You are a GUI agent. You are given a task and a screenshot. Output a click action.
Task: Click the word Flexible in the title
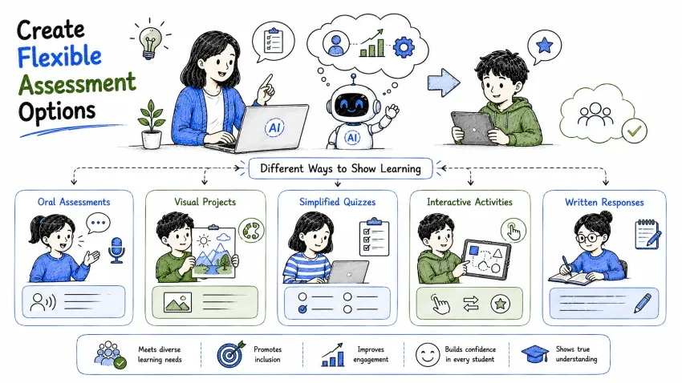click(59, 56)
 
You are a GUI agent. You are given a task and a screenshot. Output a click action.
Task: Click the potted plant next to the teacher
click(152, 124)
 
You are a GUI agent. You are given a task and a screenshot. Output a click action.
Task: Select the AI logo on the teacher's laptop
click(274, 127)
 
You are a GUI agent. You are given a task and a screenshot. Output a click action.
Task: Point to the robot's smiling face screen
click(352, 105)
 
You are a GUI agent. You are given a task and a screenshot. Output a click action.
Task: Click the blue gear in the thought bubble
click(404, 47)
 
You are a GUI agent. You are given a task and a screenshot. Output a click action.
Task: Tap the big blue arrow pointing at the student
click(444, 83)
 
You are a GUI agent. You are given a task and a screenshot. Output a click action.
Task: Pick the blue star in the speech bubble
click(545, 45)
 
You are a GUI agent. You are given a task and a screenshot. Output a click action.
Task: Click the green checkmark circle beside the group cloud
click(634, 130)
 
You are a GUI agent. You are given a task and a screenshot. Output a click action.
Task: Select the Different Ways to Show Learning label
click(340, 168)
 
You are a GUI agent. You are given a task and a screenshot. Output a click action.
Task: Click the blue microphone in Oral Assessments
click(116, 250)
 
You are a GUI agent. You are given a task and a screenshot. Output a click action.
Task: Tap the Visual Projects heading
click(205, 202)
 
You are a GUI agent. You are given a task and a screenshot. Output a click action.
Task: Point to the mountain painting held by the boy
click(213, 252)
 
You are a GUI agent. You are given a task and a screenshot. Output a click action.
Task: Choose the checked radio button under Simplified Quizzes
click(302, 309)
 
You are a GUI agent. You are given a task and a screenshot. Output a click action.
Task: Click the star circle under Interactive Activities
click(500, 304)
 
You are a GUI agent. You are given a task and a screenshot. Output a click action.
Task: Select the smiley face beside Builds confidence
click(428, 354)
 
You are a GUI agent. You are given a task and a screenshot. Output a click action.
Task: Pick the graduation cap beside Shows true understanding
click(535, 354)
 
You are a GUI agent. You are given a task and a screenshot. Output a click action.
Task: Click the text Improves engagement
click(371, 354)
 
